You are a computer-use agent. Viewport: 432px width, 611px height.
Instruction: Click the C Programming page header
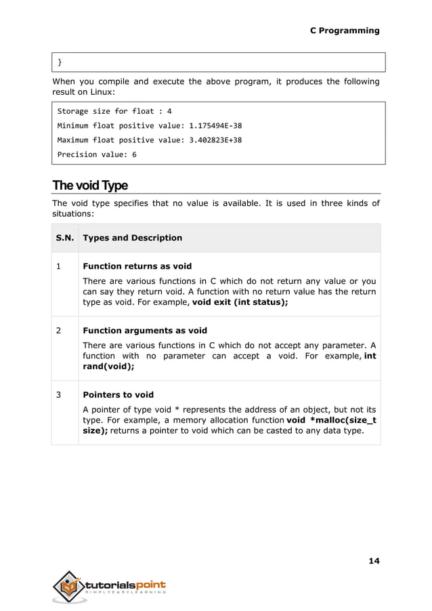tap(344, 30)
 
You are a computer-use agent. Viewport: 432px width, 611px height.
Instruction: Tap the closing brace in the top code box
tap(60, 62)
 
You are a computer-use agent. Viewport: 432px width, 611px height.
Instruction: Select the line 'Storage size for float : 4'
tap(114, 111)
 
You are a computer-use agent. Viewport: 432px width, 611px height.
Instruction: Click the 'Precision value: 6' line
tap(97, 154)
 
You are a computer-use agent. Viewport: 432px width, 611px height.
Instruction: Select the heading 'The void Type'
tap(90, 186)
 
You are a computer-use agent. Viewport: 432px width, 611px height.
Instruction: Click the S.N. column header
tap(65, 238)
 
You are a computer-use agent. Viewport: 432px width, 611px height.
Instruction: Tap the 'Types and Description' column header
tap(132, 238)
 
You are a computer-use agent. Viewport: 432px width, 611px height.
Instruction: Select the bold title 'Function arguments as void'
tap(144, 331)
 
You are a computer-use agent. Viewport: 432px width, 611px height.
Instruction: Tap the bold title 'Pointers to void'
tap(118, 394)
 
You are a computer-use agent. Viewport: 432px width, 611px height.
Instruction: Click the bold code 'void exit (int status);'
tap(240, 303)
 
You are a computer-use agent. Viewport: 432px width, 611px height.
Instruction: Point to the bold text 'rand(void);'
tap(108, 366)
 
